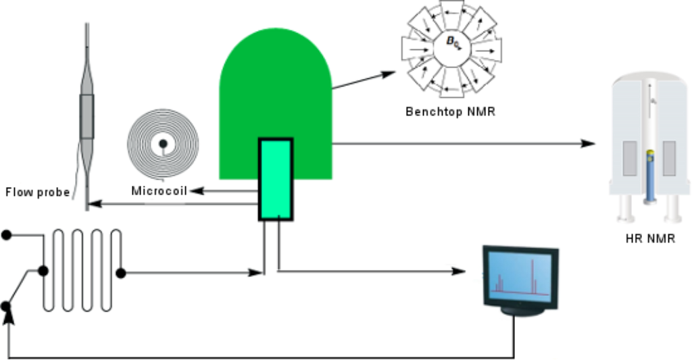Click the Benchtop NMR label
450,111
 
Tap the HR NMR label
651,238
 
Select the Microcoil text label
159,191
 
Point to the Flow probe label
38,192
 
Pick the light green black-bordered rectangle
276,179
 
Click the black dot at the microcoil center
163,143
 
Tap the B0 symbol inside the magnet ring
453,41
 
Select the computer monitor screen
520,277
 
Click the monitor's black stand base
522,311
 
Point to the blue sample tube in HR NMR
649,176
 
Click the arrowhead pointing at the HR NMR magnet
588,143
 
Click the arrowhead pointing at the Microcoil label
197,191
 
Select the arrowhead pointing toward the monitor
459,271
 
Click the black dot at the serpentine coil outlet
121,273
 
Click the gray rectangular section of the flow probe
87,116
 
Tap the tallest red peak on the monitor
533,276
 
